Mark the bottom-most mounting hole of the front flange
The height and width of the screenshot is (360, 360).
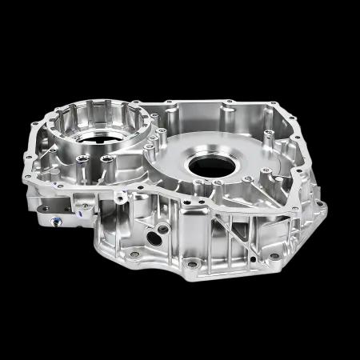coord(191,262)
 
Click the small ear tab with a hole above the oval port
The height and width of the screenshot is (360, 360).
coord(120,196)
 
